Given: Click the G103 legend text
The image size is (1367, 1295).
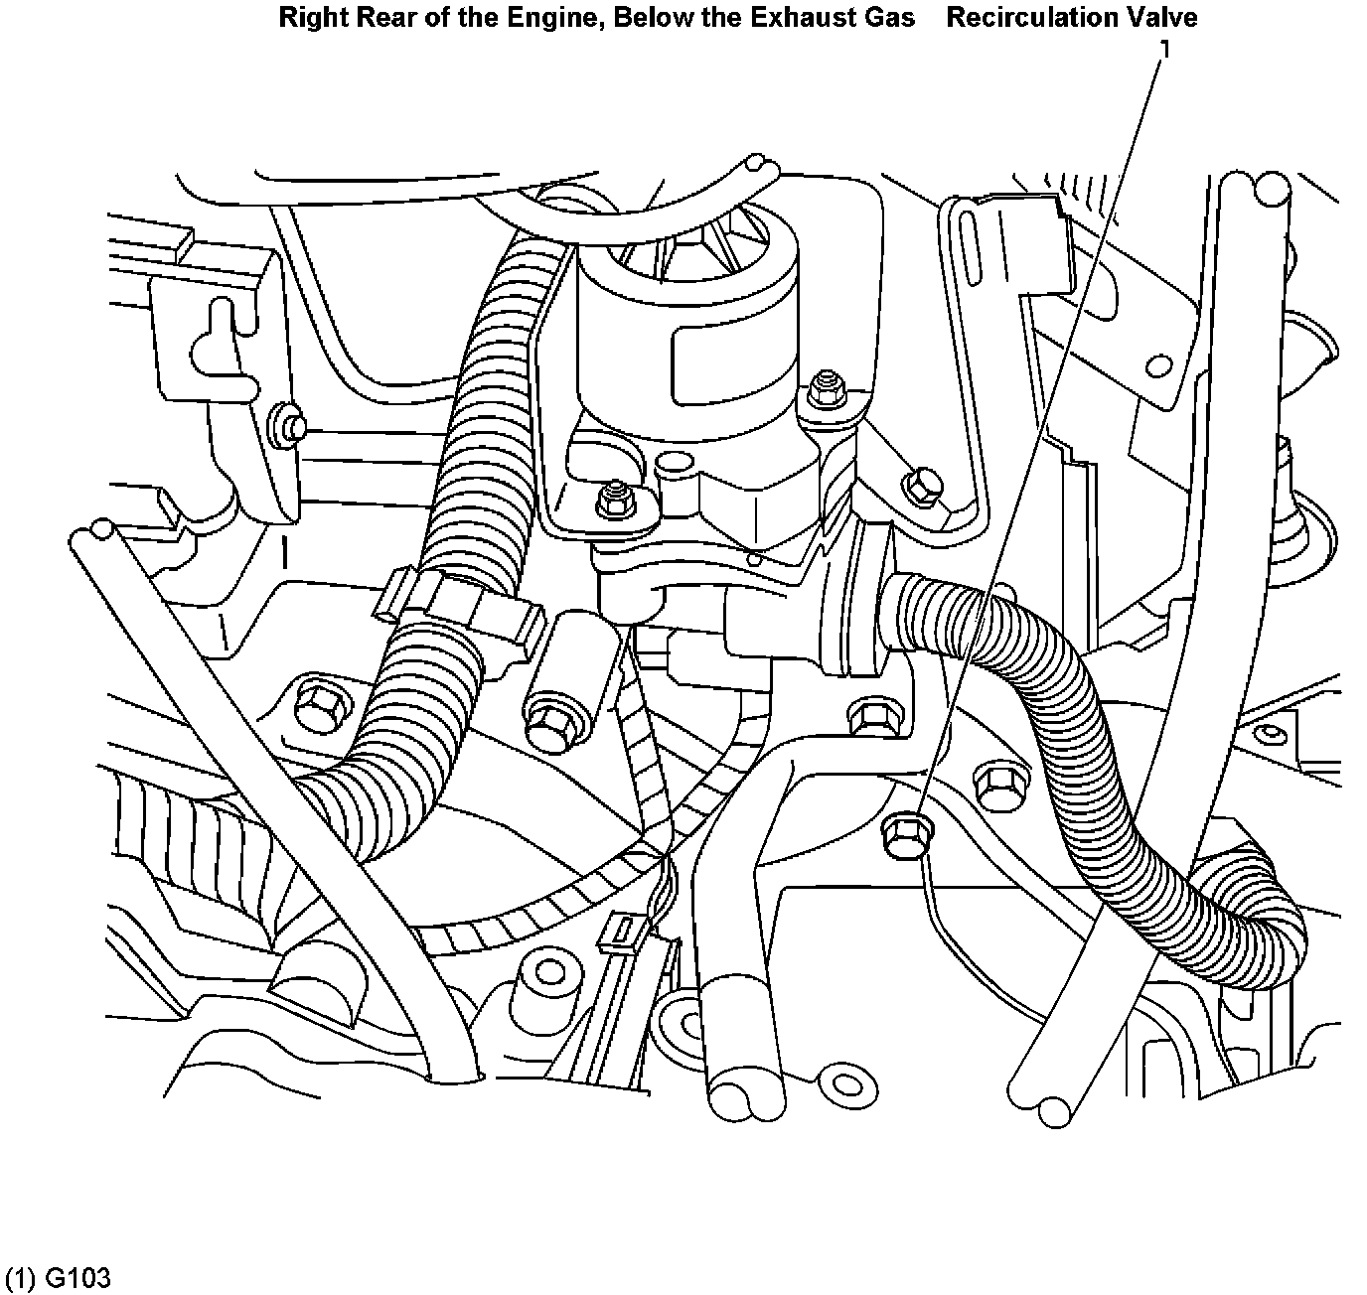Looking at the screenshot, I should coord(57,1278).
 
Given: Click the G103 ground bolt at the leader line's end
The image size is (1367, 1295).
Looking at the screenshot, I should coord(902,829).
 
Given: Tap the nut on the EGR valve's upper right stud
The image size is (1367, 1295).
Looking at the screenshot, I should coord(823,385).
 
